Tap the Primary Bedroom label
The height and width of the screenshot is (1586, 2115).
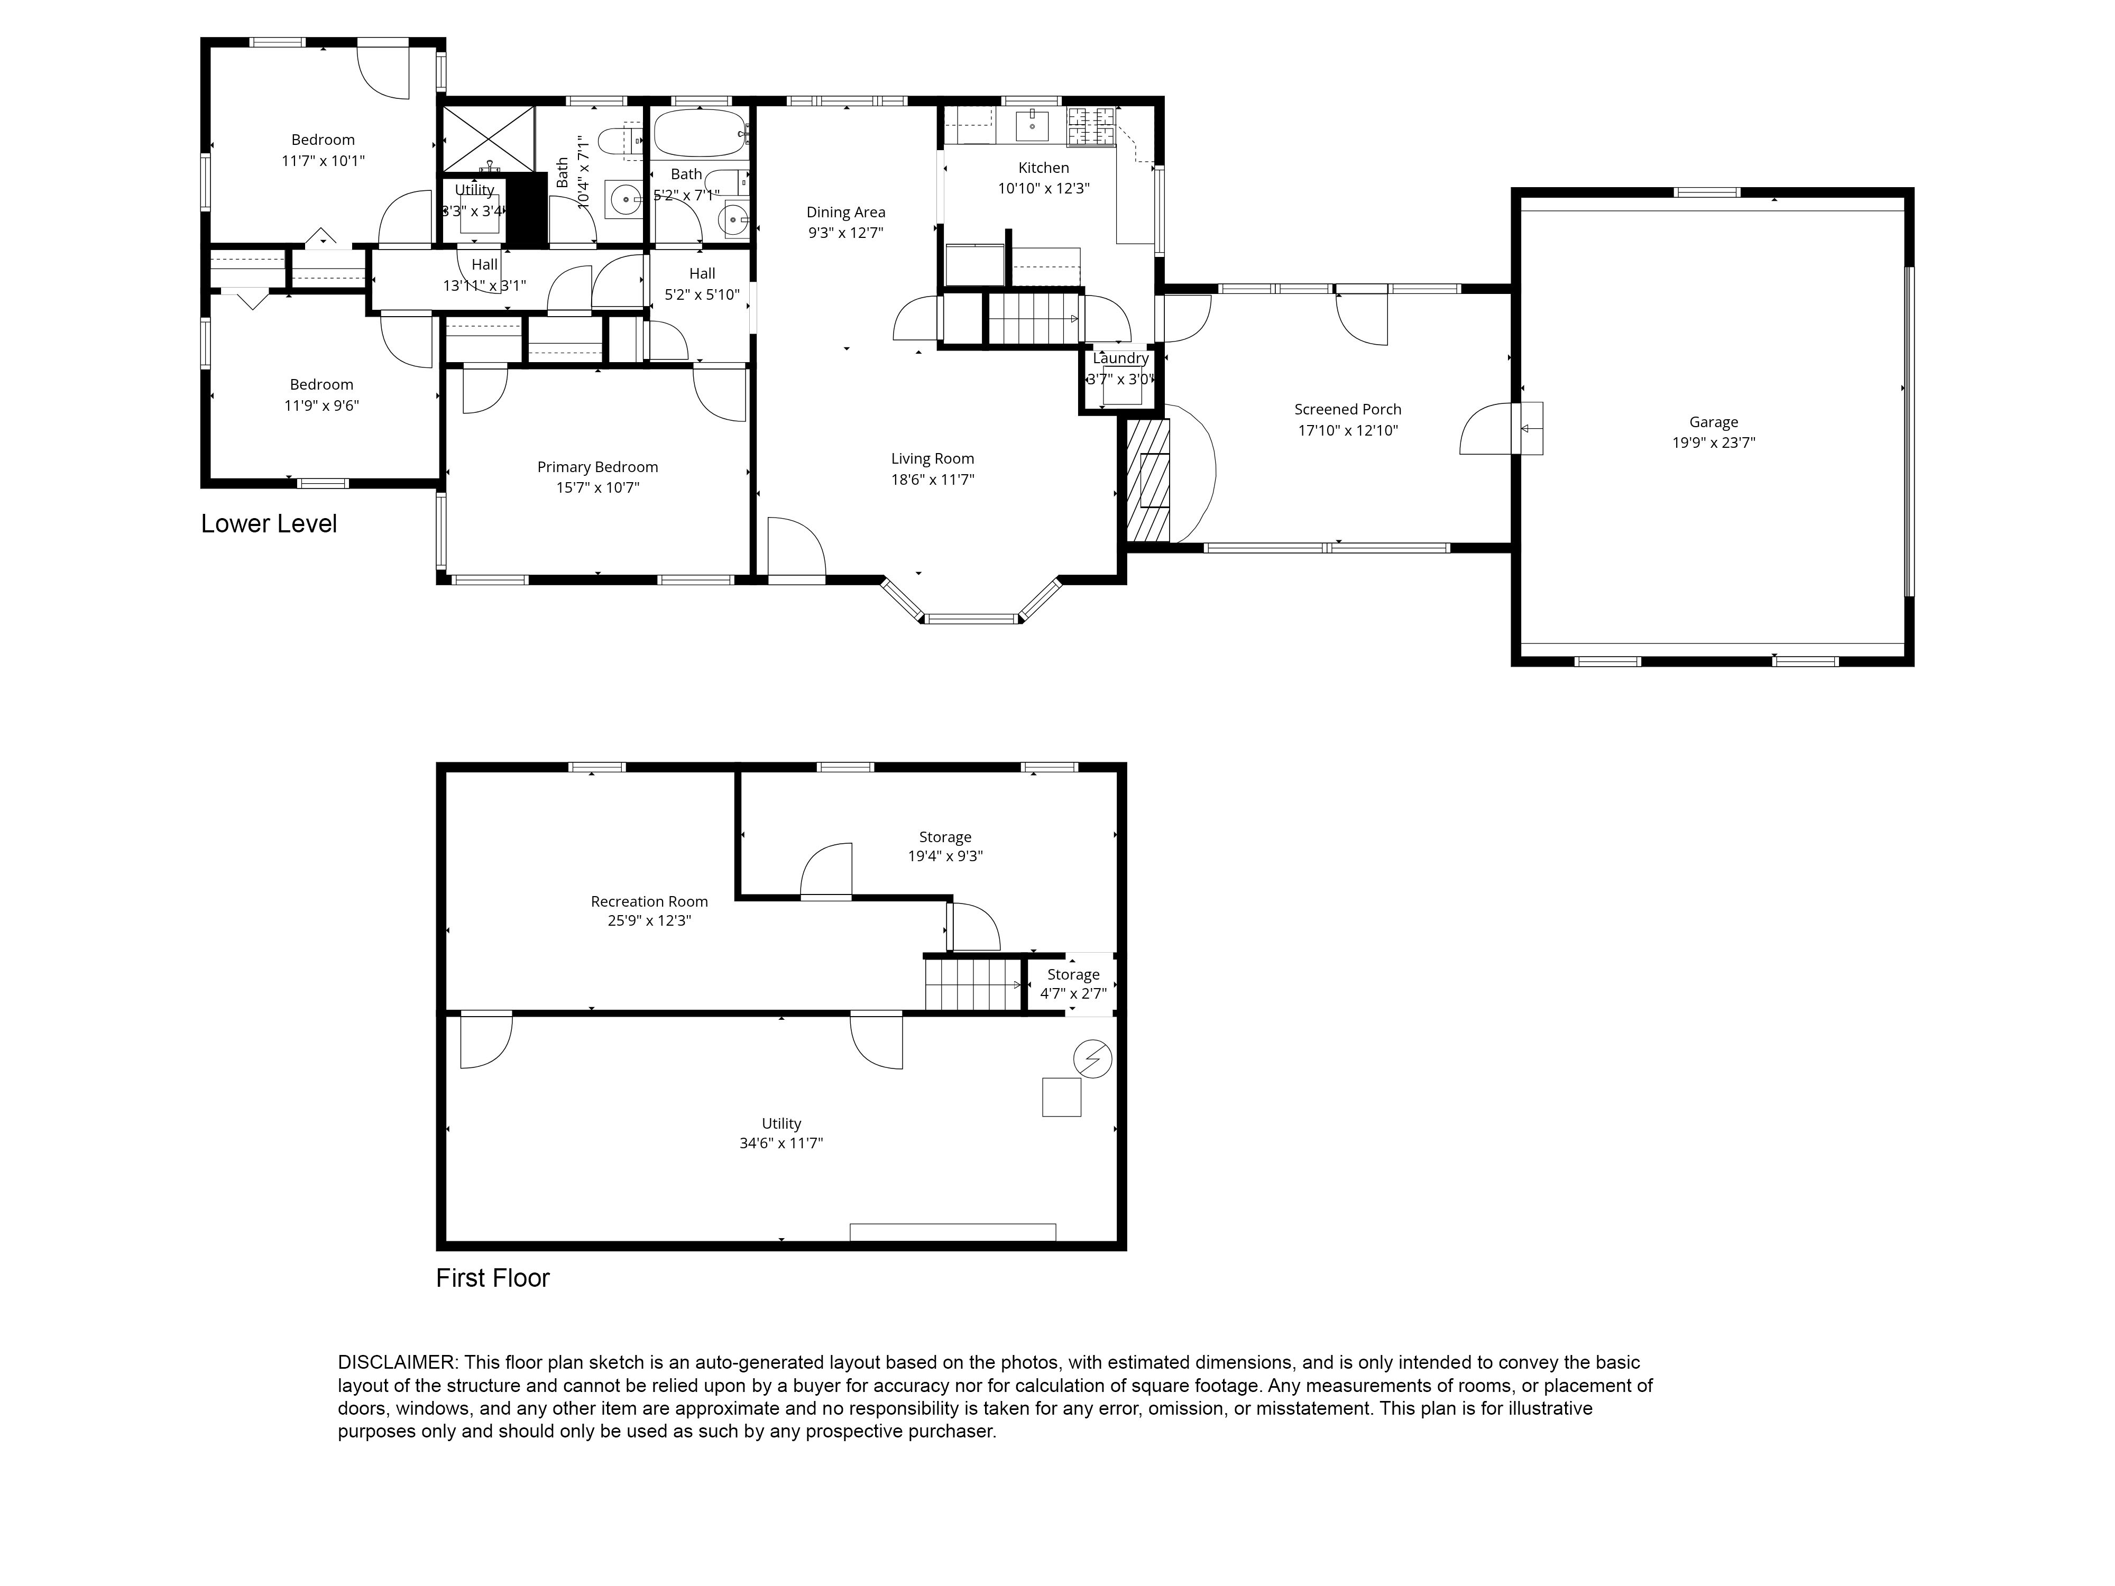coord(597,466)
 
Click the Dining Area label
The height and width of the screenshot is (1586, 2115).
coord(845,212)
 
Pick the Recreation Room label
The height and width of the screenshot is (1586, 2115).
coord(649,900)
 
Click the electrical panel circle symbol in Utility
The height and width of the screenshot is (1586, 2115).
coord(1093,1059)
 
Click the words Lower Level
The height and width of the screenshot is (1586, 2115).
coord(269,524)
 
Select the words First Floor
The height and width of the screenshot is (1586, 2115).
coord(492,1278)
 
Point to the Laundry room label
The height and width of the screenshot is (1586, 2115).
coord(1120,357)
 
